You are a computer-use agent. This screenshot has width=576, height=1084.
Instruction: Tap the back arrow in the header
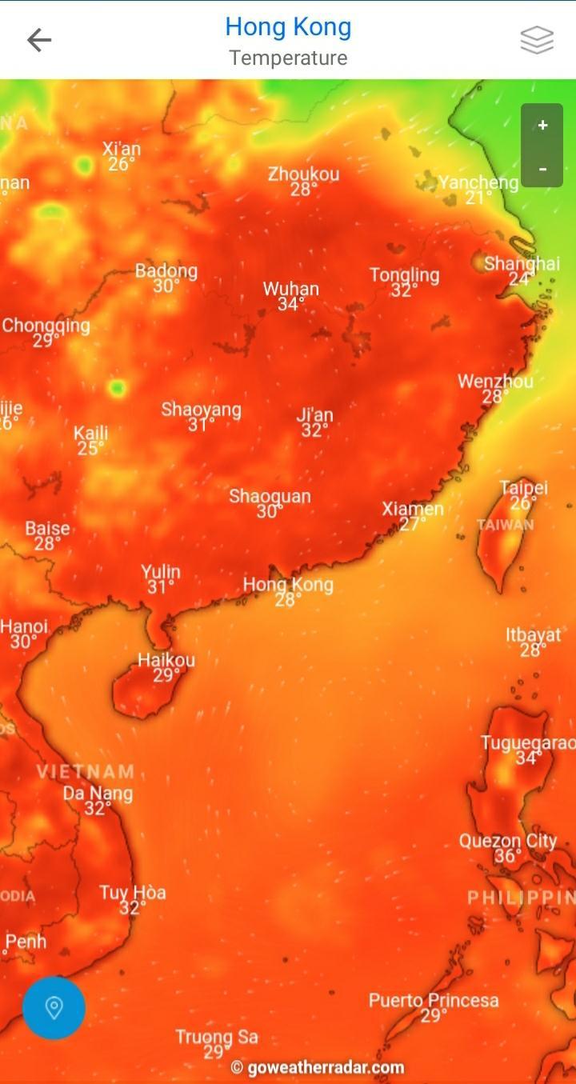click(38, 40)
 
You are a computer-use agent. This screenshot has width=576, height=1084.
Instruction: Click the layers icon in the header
click(537, 40)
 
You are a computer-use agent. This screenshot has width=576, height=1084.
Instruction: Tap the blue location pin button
click(54, 1007)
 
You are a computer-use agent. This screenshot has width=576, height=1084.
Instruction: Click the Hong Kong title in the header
click(288, 27)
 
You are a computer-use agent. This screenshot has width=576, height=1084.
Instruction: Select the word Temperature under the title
click(288, 58)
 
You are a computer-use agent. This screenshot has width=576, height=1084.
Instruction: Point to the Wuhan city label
click(291, 289)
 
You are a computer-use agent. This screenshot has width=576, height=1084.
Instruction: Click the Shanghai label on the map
click(522, 264)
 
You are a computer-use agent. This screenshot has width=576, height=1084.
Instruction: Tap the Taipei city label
click(524, 488)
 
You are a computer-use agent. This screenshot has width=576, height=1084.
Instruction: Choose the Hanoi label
click(24, 626)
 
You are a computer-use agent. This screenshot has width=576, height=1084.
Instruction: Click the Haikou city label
click(166, 660)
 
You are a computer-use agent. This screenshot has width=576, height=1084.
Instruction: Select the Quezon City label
click(507, 841)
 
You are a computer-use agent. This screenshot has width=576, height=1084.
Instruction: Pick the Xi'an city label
click(122, 149)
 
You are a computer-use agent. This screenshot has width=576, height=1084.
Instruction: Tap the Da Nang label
click(98, 794)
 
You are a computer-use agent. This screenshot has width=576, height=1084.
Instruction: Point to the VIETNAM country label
click(86, 772)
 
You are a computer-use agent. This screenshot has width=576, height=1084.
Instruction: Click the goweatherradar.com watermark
click(318, 1067)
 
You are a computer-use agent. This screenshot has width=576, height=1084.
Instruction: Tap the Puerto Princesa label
click(434, 1000)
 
